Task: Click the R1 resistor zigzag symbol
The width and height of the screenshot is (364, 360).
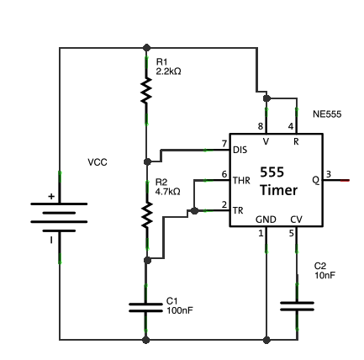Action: coord(146,91)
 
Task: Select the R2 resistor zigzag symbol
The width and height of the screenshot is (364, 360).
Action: coord(146,214)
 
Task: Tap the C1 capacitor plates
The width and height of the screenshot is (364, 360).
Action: coord(145,308)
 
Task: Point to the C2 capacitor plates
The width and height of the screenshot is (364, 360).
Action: coord(297,306)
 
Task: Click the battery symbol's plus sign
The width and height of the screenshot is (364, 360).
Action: coord(51,196)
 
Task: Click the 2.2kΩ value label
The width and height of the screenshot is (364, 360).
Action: coord(168,71)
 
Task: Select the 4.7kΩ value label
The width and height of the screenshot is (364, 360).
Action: coord(167,192)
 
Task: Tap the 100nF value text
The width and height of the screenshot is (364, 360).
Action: coord(180,310)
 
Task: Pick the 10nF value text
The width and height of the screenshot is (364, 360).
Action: coord(324,275)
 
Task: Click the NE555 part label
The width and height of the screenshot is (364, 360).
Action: coord(327,114)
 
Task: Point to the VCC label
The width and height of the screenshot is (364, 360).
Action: coord(98,162)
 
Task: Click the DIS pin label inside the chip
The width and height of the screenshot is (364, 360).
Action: coord(240,150)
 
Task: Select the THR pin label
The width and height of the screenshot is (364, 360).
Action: coord(241,180)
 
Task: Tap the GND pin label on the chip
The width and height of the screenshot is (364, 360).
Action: coord(266,220)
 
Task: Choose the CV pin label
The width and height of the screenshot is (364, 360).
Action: coord(297,220)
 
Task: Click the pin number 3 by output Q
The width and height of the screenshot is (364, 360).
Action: coord(329,174)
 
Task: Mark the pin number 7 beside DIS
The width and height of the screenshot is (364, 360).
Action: coord(224,144)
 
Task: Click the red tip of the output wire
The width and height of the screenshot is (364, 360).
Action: coord(345,180)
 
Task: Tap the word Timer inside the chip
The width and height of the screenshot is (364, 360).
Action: coord(279,190)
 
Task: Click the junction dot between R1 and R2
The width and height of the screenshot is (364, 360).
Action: coord(147,161)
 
